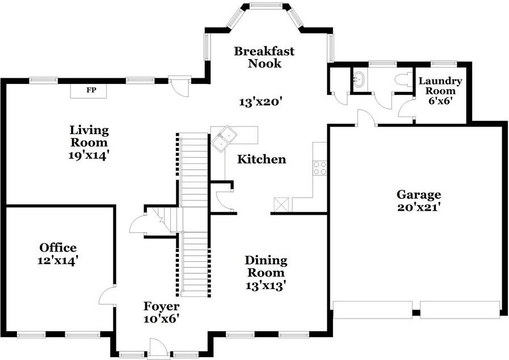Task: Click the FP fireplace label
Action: [x=91, y=90]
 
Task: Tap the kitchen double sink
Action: [x=224, y=139]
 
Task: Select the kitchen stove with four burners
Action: [x=319, y=168]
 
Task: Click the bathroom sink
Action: [x=359, y=79]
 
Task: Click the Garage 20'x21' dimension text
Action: [x=419, y=207]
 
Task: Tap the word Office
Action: [x=58, y=248]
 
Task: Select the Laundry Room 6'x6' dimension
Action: [x=440, y=101]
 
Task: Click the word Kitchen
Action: [x=262, y=159]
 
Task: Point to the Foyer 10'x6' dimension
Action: [x=162, y=319]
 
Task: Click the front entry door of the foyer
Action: [x=158, y=348]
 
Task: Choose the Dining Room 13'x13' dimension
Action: [x=266, y=286]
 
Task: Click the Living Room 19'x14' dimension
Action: [x=89, y=156]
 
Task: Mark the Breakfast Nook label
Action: [x=264, y=57]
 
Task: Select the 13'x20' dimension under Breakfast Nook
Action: [x=259, y=102]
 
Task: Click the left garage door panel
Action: [x=373, y=310]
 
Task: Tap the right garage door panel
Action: [x=460, y=310]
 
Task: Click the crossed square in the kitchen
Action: [x=281, y=204]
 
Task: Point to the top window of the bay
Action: [x=266, y=5]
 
